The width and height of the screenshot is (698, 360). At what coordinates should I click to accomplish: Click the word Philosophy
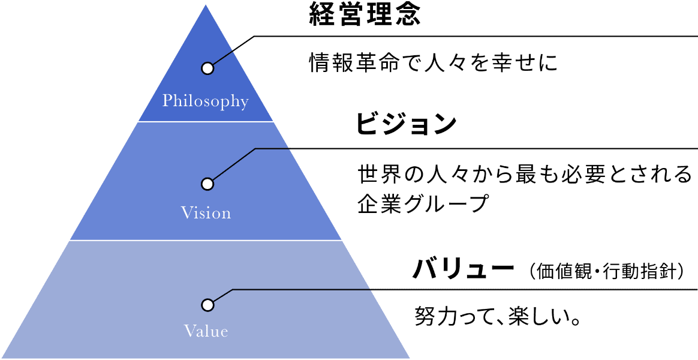pos(205,101)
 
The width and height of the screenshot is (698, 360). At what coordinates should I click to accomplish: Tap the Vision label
pos(206,213)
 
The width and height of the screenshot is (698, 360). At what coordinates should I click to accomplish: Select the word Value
pos(206,331)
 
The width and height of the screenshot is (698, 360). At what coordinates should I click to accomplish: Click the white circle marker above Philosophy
pos(207,68)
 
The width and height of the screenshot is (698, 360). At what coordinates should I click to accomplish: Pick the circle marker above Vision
pos(207,184)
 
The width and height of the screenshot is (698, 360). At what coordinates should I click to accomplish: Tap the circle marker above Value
pos(207,305)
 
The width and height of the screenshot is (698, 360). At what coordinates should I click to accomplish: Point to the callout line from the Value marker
pos(300,290)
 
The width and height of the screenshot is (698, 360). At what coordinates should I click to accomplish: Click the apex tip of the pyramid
pos(206,4)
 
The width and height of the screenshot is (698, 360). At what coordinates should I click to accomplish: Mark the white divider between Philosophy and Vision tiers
pos(206,122)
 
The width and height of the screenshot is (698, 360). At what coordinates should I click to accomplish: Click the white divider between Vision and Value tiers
pos(206,241)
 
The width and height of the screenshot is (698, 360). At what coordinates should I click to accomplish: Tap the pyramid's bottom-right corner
pos(411,358)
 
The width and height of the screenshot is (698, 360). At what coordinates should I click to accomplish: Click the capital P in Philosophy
pos(167,100)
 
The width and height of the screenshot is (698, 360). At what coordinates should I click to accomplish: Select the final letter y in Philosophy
pos(243,103)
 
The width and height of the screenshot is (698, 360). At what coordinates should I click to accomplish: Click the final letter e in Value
pos(224,332)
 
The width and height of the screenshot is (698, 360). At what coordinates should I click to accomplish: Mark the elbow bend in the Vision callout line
pos(255,148)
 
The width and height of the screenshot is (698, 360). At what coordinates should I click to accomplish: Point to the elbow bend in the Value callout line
pos(232,290)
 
